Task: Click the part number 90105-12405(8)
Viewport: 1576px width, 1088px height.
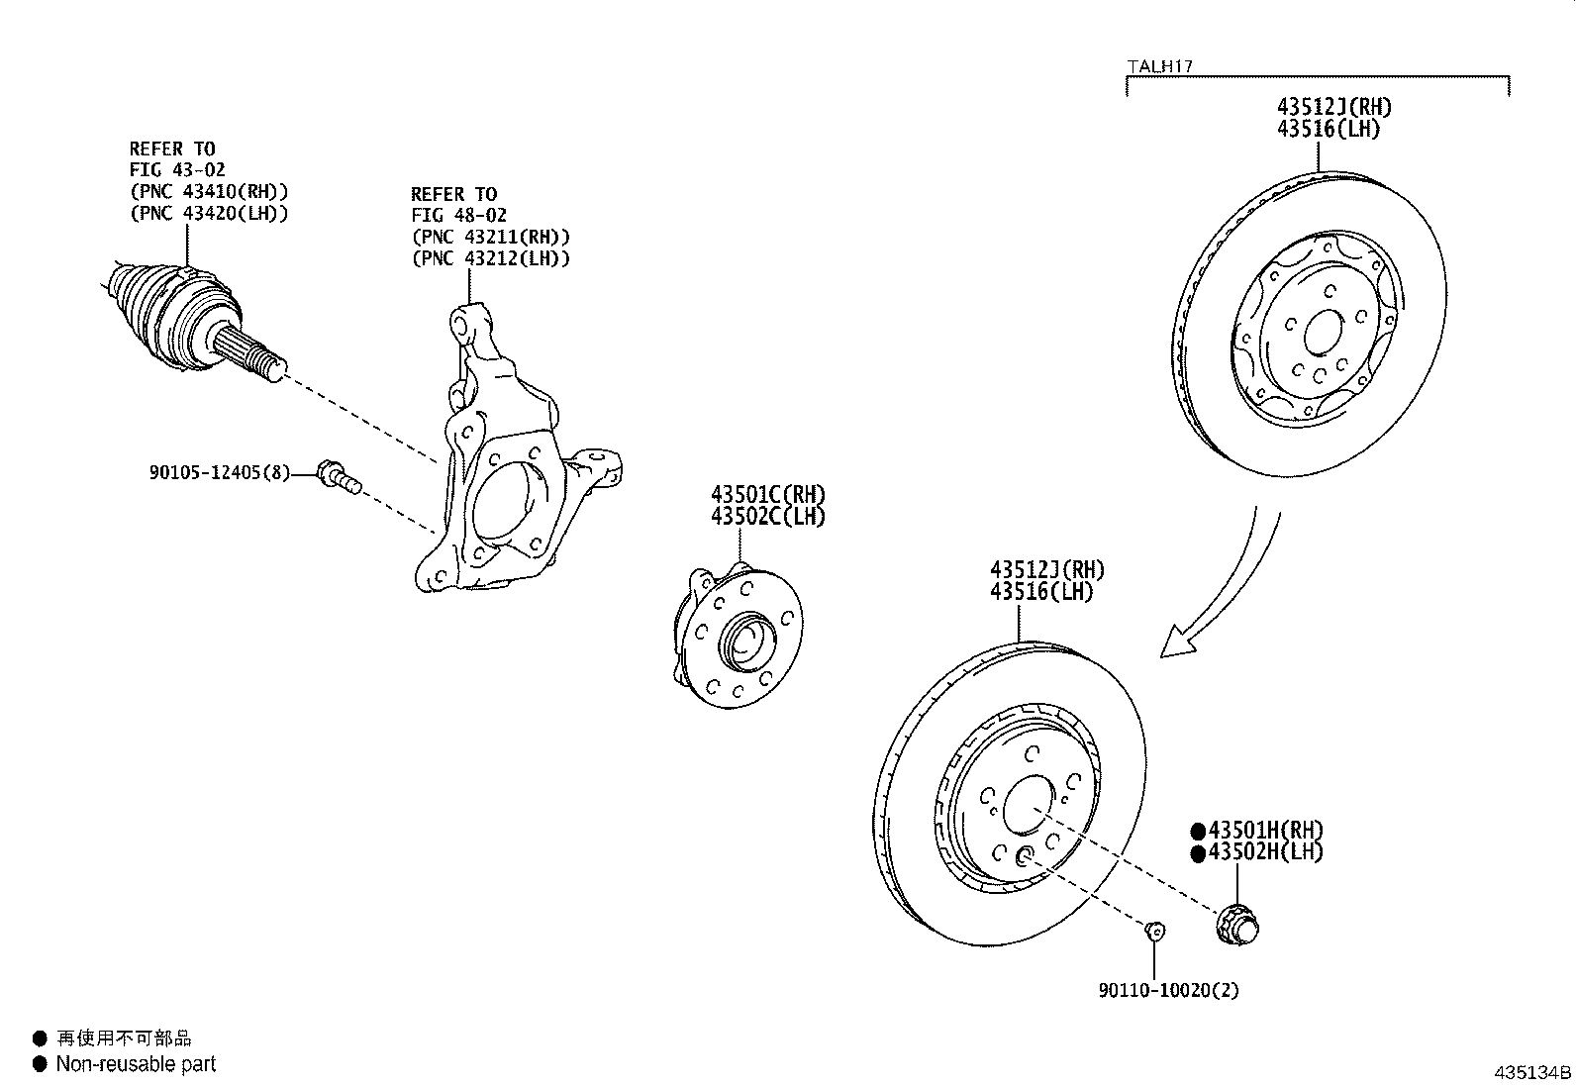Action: click(220, 473)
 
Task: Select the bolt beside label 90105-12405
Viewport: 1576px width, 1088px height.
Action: click(338, 477)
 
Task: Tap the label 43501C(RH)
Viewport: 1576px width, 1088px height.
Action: click(767, 494)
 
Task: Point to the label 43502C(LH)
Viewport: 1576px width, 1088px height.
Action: click(767, 516)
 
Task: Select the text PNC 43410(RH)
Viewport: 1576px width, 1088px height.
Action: click(209, 192)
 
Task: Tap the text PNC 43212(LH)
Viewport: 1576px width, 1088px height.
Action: click(491, 258)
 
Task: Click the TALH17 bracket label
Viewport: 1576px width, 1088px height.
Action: click(1159, 67)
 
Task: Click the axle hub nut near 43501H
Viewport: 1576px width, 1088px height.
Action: click(1236, 924)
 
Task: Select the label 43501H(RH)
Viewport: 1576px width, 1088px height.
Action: click(1264, 831)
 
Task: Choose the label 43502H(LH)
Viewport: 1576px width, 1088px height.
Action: click(1264, 852)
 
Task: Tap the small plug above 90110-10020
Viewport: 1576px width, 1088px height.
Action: click(1153, 931)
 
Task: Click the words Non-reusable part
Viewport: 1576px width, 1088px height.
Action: click(136, 1064)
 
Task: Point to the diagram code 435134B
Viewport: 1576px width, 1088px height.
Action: click(1532, 1073)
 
